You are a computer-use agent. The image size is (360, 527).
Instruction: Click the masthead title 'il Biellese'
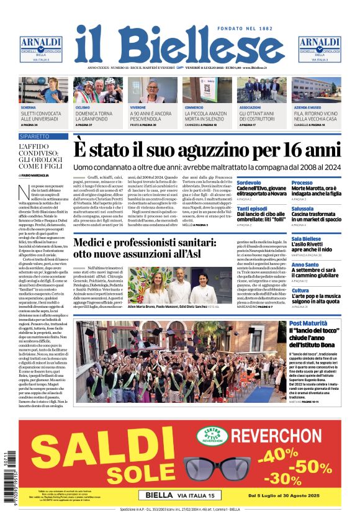coord(179,44)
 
